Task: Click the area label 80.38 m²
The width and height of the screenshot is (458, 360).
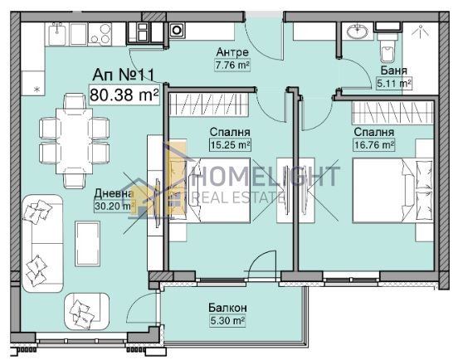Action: click(124, 96)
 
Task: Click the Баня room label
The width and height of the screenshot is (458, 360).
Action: click(394, 72)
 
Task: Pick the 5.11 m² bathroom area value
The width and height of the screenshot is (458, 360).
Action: click(395, 84)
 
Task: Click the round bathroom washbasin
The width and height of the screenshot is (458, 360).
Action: click(358, 32)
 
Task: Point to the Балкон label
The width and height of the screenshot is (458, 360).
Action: click(227, 308)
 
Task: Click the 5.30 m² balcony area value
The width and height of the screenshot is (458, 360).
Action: click(227, 320)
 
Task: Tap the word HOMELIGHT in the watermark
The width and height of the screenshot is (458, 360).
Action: click(266, 177)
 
